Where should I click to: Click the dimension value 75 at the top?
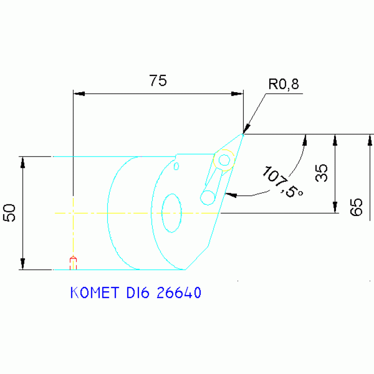tap(157, 80)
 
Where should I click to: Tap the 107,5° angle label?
tap(282, 182)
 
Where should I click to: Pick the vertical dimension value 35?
tap(321, 173)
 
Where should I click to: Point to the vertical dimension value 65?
tap(356, 207)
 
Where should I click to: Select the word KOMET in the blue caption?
tap(95, 293)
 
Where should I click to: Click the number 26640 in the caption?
tap(179, 293)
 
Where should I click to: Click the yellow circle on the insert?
tap(224, 160)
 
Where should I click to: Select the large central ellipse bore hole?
tap(172, 213)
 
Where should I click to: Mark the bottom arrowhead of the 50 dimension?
tap(22, 264)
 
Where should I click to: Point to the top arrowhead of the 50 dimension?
tap(22, 162)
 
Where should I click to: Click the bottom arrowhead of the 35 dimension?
tap(335, 208)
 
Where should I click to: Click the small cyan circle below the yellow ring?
tap(208, 197)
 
